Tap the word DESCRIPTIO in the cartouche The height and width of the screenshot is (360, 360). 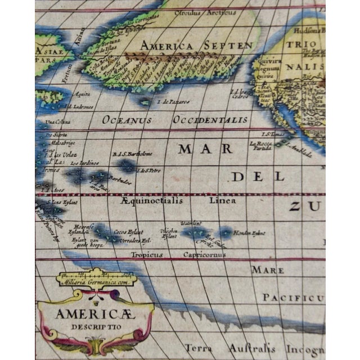pos(95,327)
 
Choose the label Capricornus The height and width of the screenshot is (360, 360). pos(205,254)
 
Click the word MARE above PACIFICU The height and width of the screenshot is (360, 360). pos(267,270)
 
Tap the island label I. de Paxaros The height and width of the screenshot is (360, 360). pos(173,102)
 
